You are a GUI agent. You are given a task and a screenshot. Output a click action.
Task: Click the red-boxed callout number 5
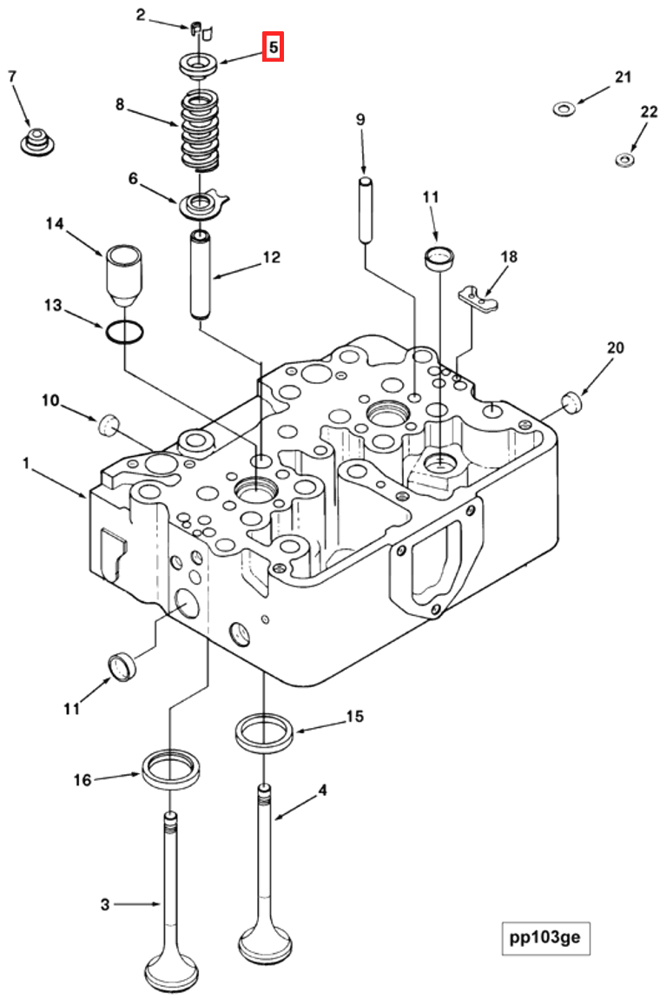(274, 47)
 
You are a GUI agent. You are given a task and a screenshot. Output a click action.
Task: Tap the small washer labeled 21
(564, 109)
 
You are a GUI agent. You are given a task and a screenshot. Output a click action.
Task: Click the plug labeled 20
(571, 404)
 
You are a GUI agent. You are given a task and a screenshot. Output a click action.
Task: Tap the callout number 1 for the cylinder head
(27, 466)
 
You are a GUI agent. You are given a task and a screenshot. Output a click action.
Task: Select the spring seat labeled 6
(201, 207)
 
